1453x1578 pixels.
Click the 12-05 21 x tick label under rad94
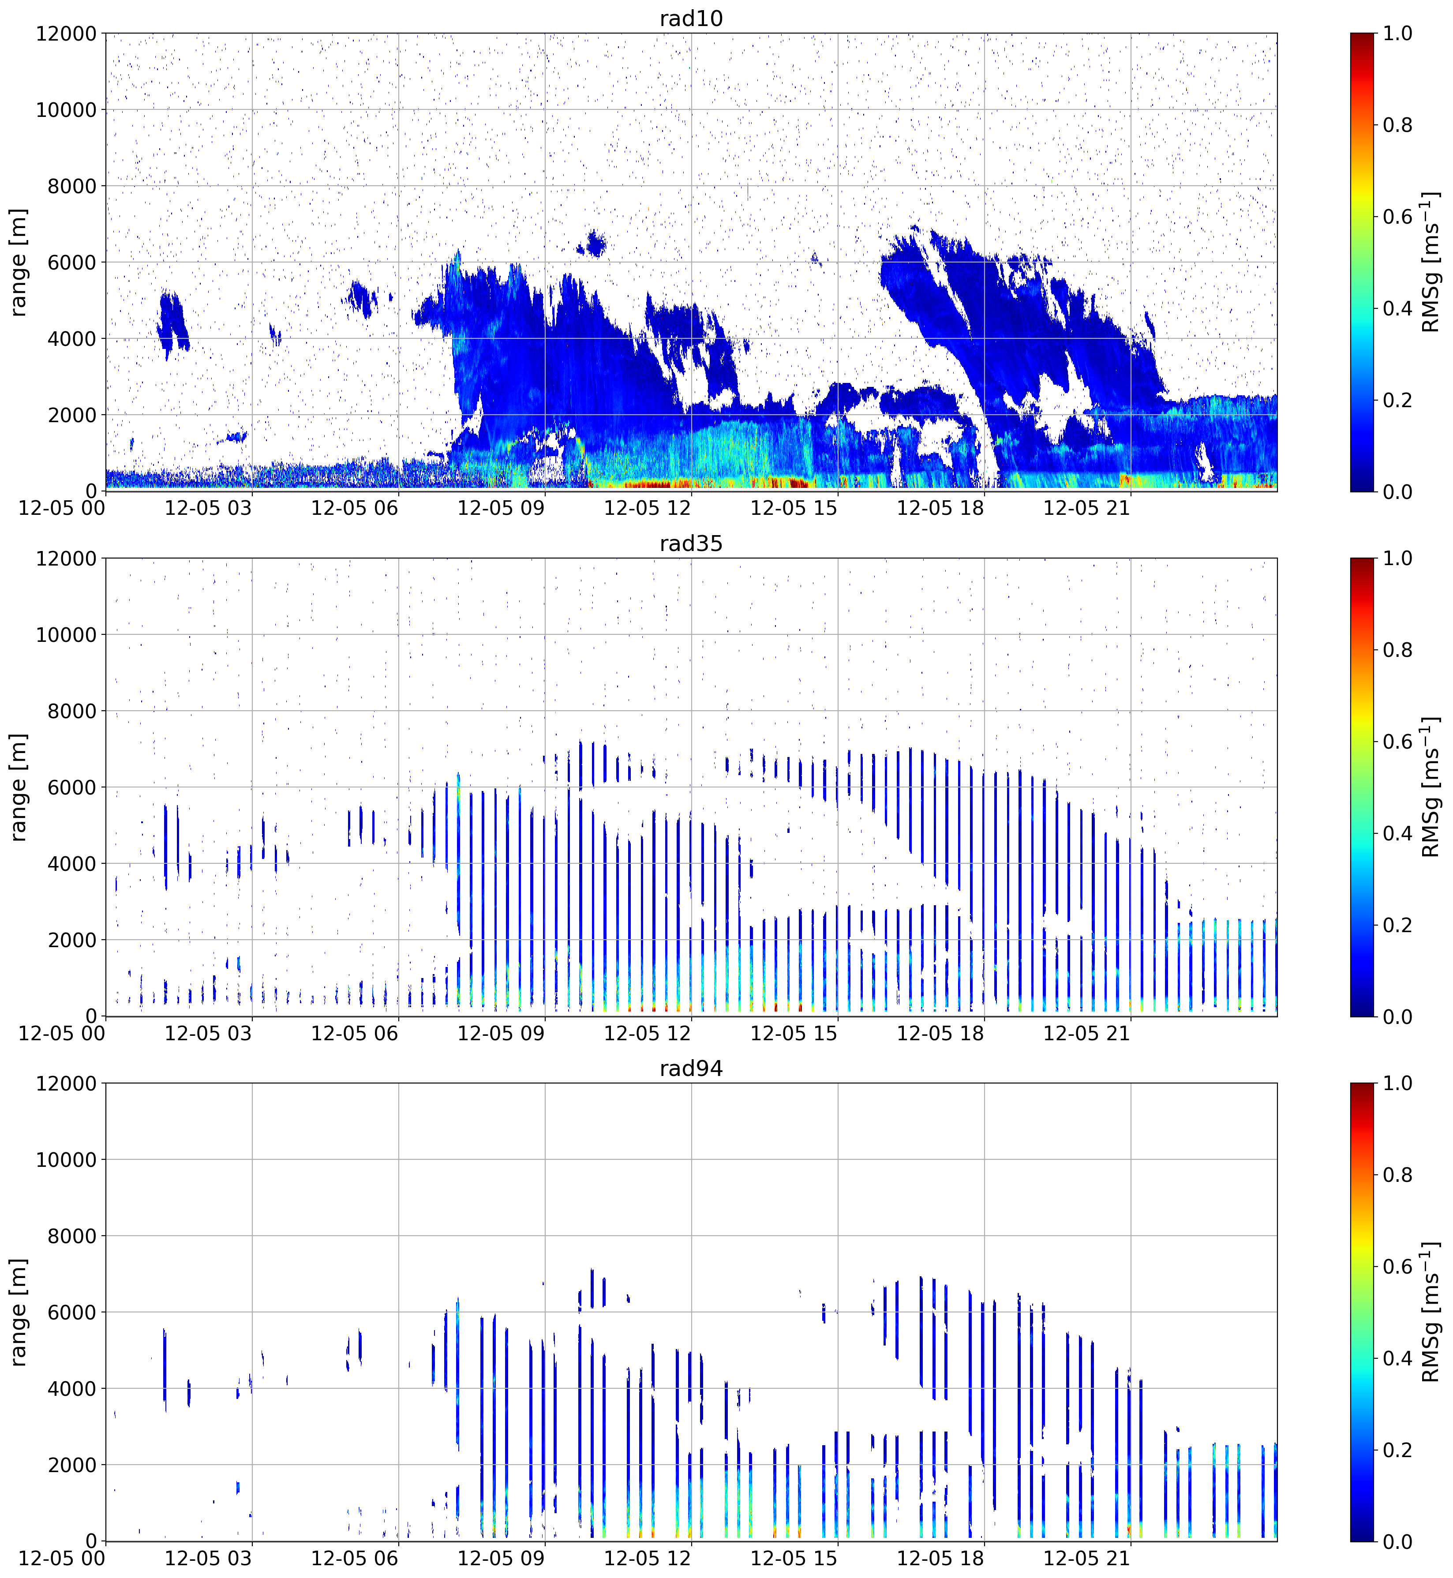[x=1086, y=1558]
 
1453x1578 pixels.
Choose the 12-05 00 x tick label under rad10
[x=61, y=508]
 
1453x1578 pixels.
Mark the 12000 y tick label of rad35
[x=66, y=558]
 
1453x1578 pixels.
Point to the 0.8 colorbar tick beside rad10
[x=1397, y=125]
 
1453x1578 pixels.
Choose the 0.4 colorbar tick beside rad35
[x=1397, y=833]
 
